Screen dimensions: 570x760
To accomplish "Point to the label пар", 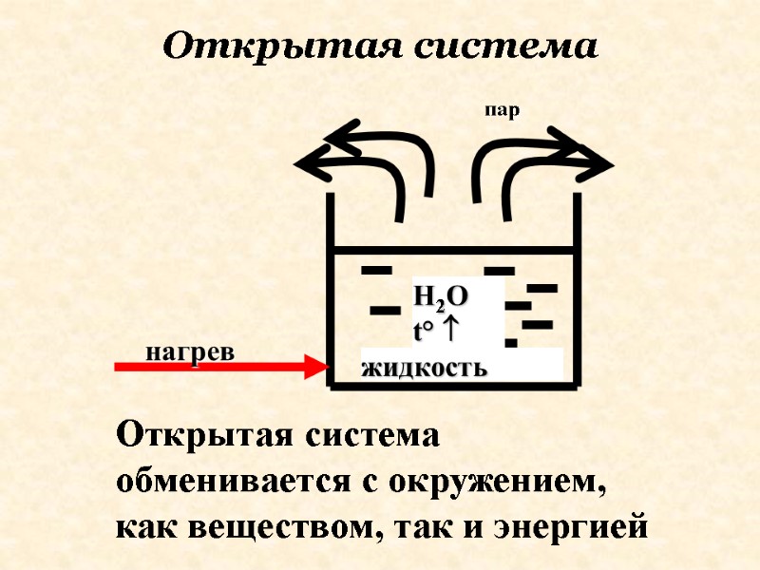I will pos(503,111).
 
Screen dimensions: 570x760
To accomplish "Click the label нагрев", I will pos(189,351).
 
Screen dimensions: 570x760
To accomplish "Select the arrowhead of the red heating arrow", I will pos(316,366).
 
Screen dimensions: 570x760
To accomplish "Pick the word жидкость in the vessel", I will pos(425,368).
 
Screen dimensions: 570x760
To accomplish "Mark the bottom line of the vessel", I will pos(452,386).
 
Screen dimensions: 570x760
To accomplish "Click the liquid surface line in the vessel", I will pos(452,250).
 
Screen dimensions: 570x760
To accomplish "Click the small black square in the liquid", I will pos(511,342).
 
